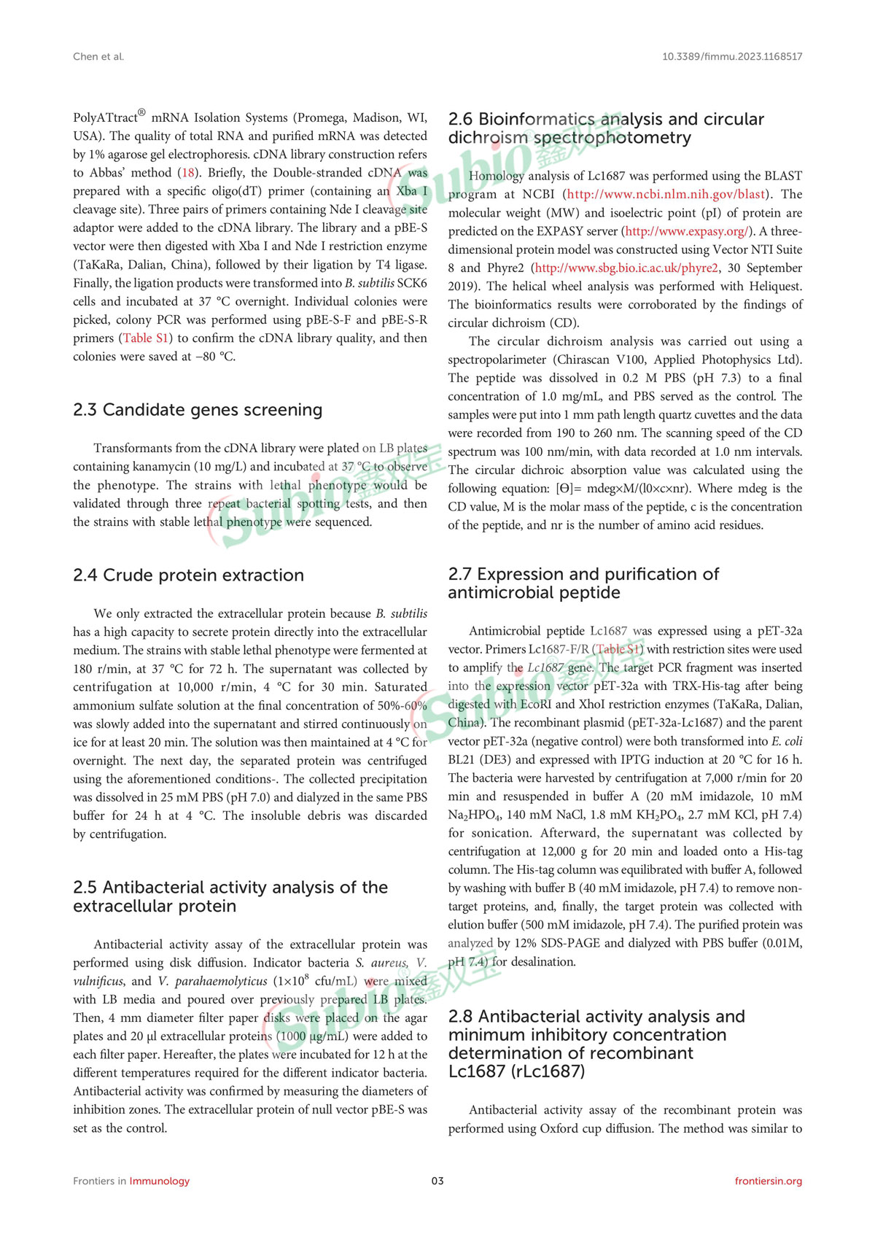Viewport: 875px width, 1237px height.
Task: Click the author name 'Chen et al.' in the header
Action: point(98,56)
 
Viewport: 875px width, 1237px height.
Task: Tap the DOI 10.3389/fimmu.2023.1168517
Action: point(732,56)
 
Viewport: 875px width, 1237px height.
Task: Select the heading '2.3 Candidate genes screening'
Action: point(198,410)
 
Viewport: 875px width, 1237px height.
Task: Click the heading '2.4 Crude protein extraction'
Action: point(188,575)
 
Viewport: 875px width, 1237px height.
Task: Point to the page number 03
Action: point(437,1181)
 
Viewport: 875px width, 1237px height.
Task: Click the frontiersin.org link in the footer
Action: point(768,1181)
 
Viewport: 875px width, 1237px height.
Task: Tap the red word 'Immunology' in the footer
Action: point(159,1181)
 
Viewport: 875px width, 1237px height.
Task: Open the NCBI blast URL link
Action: point(666,194)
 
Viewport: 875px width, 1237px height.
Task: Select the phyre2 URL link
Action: point(626,268)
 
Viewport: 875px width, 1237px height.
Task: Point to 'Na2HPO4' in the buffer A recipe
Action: point(473,815)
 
